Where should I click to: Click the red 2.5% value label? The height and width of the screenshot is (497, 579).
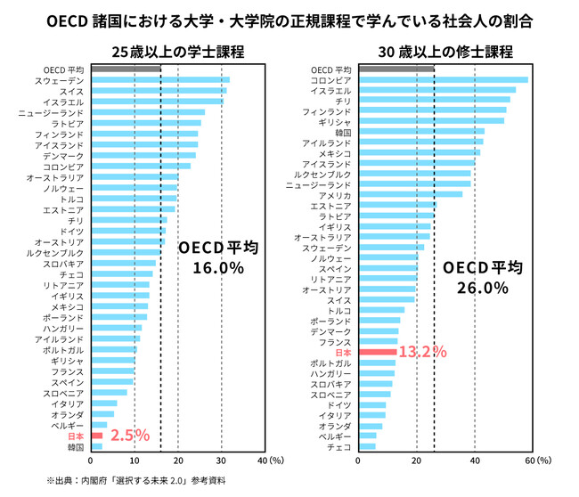(129, 436)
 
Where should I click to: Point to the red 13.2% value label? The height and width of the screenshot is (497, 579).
(422, 352)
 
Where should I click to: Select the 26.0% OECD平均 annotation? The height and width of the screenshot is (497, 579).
(482, 278)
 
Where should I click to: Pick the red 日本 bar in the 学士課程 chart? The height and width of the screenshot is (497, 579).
(96, 436)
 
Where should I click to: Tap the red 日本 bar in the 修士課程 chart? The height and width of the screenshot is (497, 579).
(377, 353)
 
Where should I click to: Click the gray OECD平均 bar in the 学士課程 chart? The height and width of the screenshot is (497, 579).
(125, 69)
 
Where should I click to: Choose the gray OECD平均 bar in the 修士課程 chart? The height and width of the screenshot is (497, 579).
(396, 69)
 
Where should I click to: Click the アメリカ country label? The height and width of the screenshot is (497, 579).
(335, 195)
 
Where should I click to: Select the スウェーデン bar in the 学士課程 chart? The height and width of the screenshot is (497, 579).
(159, 80)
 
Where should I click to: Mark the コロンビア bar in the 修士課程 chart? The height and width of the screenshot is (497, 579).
(442, 80)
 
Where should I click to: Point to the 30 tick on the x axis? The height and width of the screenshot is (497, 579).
(221, 460)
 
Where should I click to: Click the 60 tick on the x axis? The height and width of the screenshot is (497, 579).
(532, 460)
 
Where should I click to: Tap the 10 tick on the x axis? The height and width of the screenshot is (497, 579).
(134, 460)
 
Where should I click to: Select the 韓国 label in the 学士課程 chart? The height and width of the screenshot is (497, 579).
(76, 447)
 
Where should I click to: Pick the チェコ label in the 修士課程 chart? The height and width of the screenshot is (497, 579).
(340, 447)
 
